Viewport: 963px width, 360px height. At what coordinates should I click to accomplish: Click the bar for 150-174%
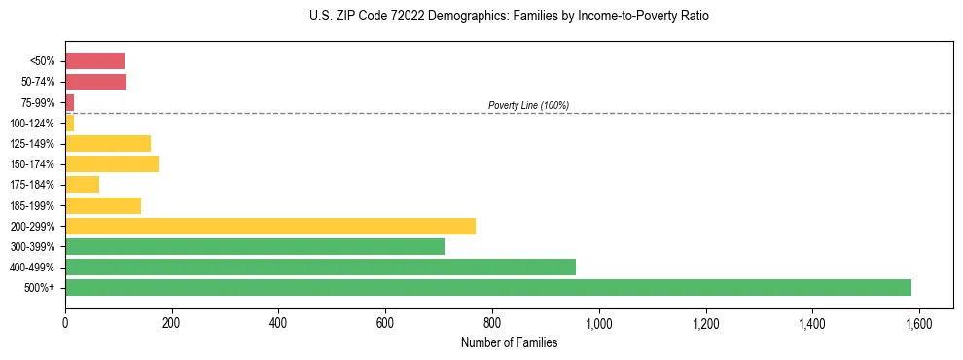point(112,163)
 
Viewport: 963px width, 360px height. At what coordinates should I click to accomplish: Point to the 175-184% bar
point(82,184)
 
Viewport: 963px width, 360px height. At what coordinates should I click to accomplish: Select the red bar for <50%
point(94,61)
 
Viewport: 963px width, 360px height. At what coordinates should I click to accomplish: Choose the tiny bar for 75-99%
point(69,102)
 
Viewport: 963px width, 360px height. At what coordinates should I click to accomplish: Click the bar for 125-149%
point(108,143)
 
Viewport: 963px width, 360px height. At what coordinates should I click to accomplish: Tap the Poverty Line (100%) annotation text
point(528,105)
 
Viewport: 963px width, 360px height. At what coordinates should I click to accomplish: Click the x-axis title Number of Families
point(509,342)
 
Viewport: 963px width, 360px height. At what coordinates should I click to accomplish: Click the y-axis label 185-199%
point(32,205)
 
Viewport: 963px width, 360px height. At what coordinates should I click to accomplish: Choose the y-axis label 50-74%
point(37,82)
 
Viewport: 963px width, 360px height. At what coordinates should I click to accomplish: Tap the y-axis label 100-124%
point(32,123)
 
